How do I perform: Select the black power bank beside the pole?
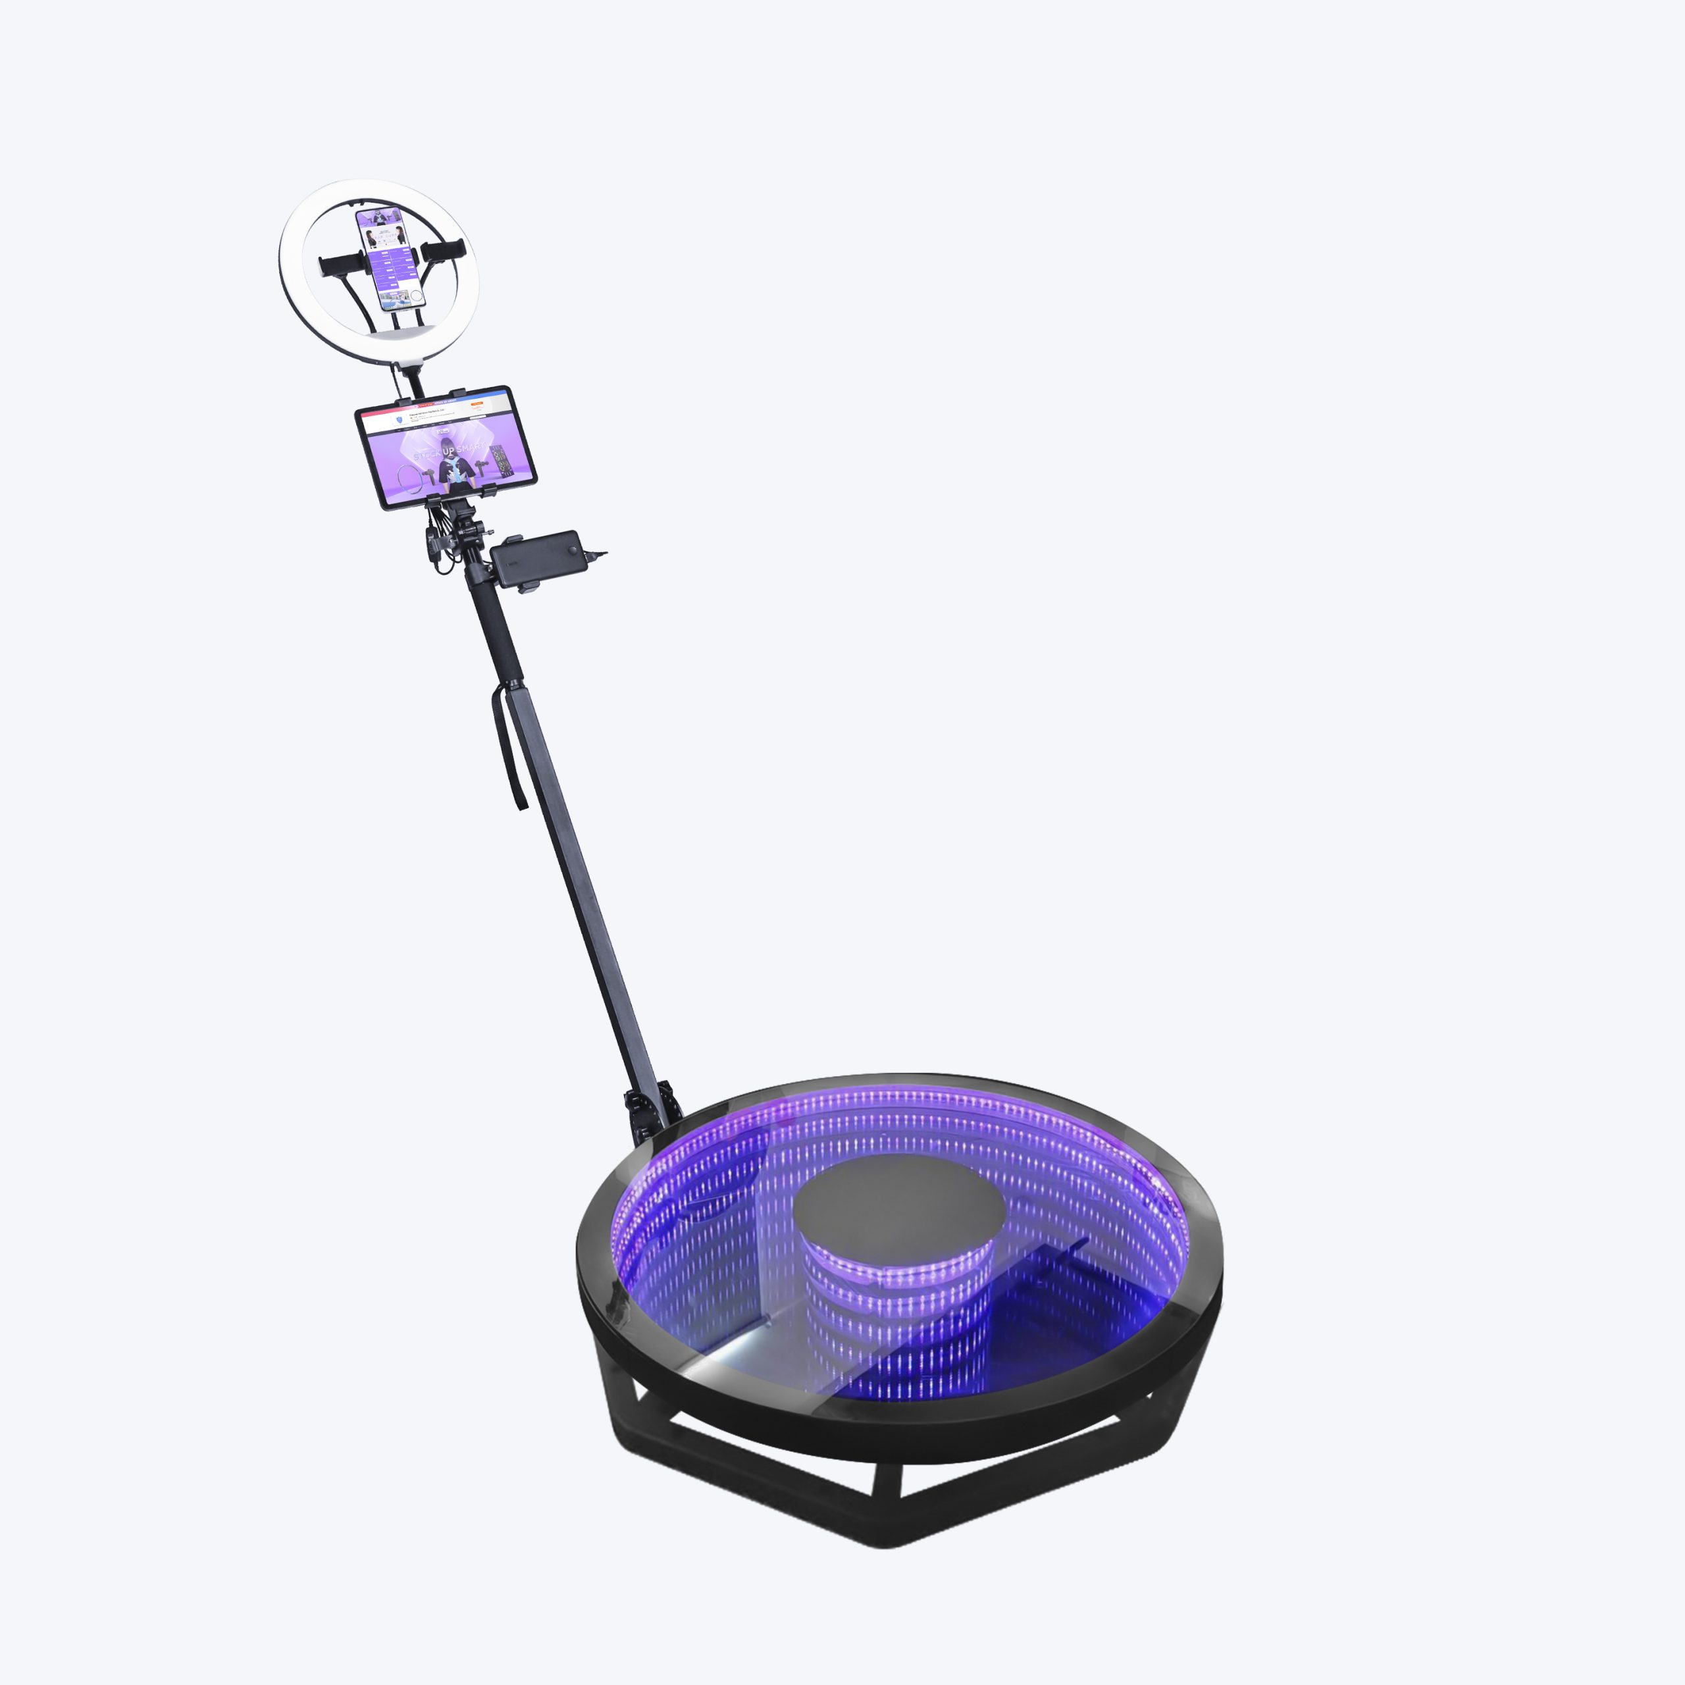(x=534, y=559)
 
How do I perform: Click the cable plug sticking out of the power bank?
(x=596, y=552)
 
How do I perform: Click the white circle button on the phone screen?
(x=417, y=297)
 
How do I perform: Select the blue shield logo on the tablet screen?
(x=399, y=419)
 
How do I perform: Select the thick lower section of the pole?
(x=576, y=872)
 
